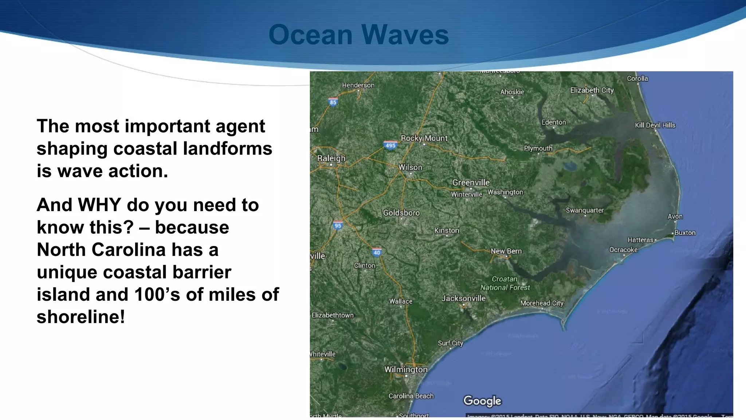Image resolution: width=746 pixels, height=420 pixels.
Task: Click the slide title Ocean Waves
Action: [x=358, y=35]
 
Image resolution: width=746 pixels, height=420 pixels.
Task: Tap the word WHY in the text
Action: [x=99, y=205]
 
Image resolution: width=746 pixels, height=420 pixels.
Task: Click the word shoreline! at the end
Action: [x=81, y=316]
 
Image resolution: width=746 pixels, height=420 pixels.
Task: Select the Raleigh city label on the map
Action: [x=331, y=158]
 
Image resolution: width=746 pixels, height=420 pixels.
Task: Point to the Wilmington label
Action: [x=406, y=369]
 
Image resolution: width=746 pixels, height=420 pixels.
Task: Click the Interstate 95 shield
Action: [x=338, y=225]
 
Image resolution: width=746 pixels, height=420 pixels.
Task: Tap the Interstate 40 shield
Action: [x=377, y=252]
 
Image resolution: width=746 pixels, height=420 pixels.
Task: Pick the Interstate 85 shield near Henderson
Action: [x=333, y=102]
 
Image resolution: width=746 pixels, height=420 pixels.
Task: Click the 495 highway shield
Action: [x=390, y=145]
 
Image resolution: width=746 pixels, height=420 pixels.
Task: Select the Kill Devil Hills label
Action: [x=655, y=125]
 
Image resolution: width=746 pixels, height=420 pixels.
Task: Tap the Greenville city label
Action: [x=471, y=182]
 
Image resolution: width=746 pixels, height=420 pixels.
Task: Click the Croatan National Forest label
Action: [x=505, y=283]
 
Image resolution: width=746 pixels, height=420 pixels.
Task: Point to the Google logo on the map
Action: [x=482, y=401]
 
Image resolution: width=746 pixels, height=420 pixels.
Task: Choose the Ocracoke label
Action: [x=623, y=250]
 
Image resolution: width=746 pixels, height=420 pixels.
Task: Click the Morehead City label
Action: [x=542, y=303]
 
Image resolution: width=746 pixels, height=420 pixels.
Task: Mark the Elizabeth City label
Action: [x=592, y=90]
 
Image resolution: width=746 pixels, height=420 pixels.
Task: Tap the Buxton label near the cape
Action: [x=685, y=233]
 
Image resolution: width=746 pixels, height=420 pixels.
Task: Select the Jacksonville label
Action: [x=463, y=298]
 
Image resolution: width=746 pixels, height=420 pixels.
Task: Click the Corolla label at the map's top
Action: [x=637, y=78]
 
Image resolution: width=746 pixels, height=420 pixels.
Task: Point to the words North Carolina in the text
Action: [x=101, y=250]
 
